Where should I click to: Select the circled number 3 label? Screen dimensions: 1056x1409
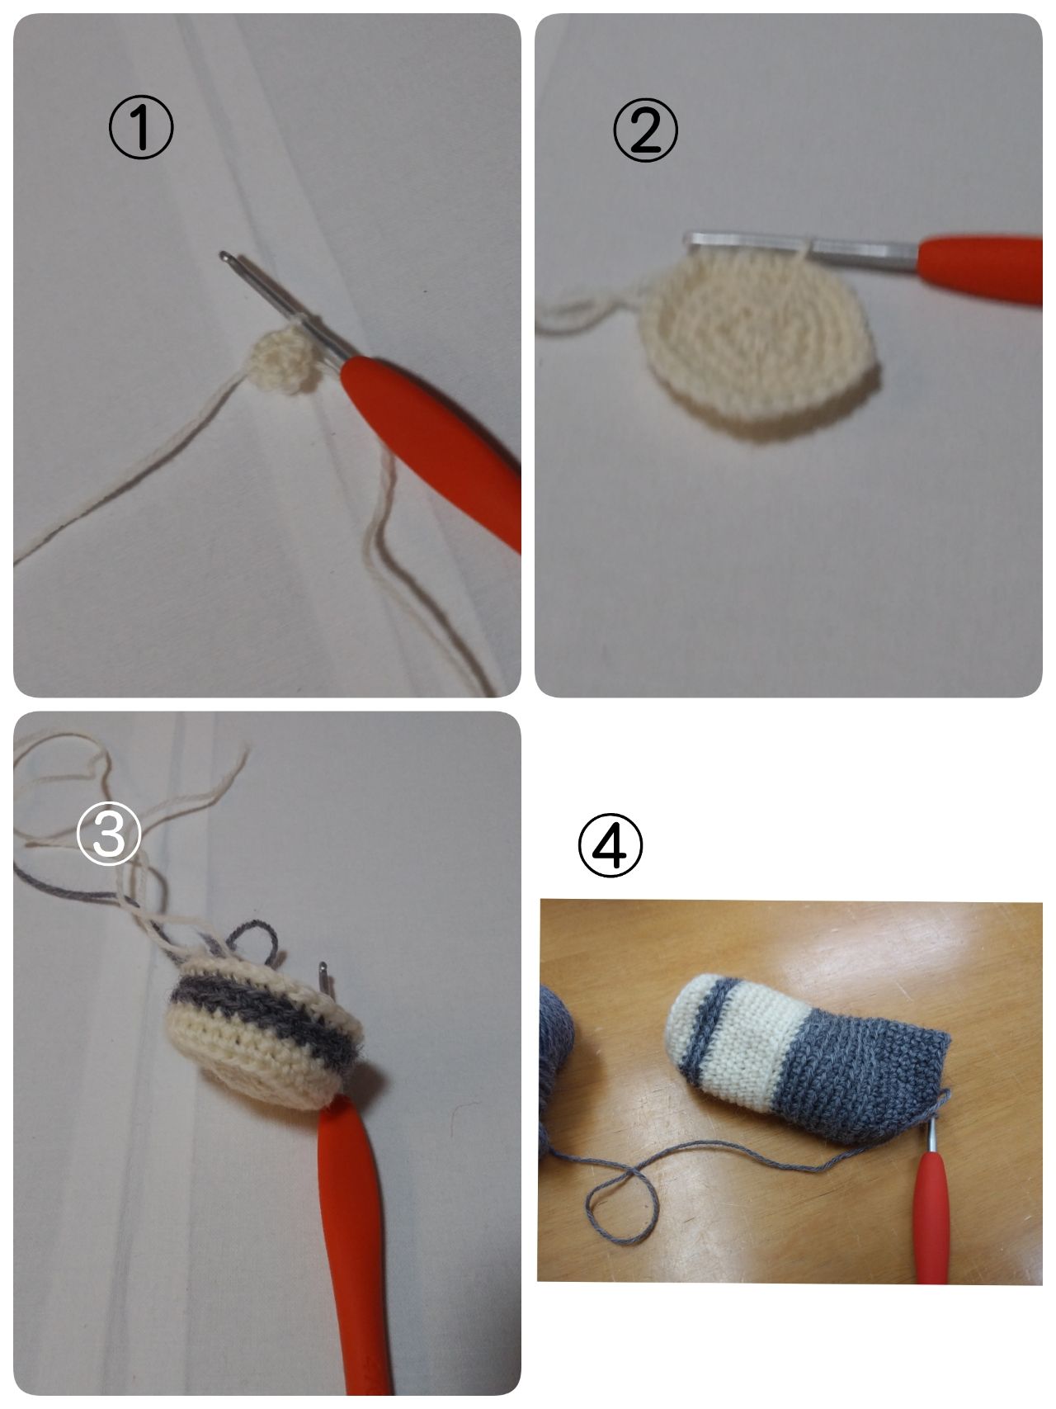108,833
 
